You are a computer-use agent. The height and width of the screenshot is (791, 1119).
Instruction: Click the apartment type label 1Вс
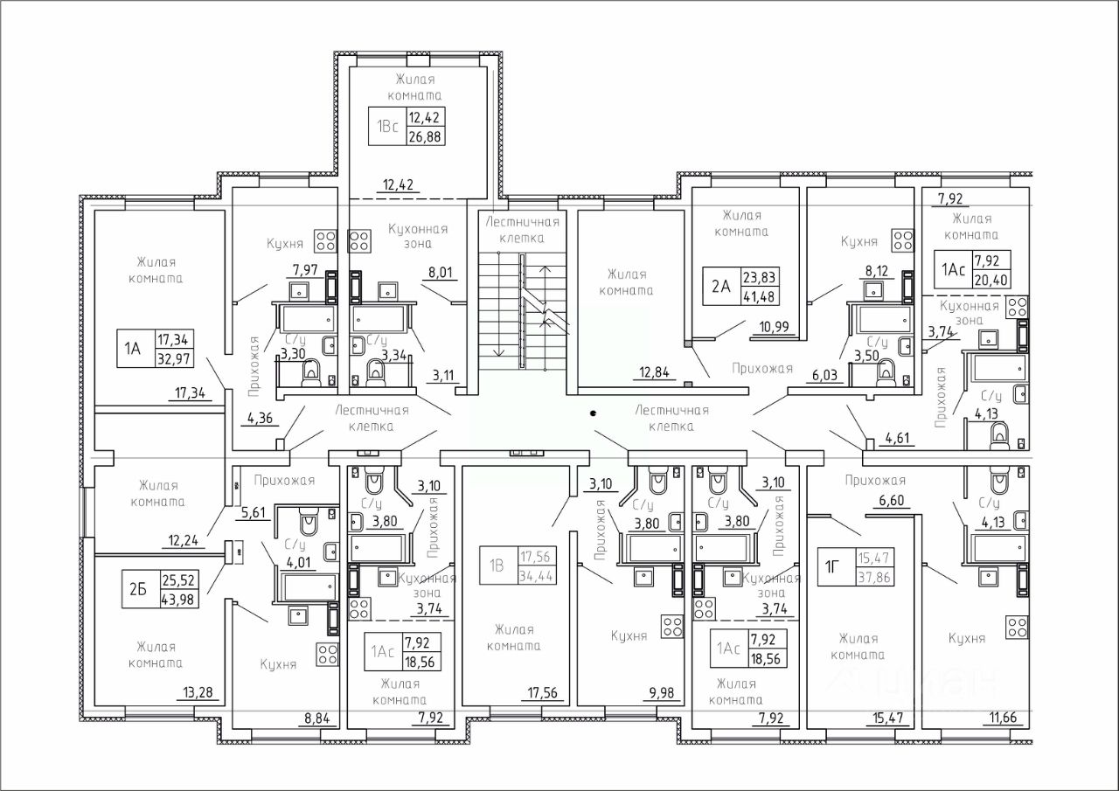pos(387,127)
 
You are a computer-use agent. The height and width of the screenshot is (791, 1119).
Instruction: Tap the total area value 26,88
pos(426,136)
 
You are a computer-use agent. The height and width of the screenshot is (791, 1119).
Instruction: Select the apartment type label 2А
pos(721,287)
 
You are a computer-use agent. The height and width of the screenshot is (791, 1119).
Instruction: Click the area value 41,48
pos(759,296)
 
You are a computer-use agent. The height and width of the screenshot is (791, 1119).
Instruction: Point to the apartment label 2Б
pos(138,589)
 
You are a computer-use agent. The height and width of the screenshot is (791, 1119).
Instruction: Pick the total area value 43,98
pos(178,600)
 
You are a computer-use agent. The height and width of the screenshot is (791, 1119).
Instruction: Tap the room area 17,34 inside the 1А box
pos(173,340)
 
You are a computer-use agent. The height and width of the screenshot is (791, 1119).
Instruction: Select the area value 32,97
pos(174,358)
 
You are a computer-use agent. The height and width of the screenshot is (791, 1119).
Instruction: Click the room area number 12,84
pos(654,372)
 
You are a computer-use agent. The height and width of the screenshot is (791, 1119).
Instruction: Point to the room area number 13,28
pos(198,692)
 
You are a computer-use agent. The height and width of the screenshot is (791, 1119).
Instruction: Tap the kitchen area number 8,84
pos(317,719)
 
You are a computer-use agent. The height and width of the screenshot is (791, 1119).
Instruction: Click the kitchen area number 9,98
pos(662,693)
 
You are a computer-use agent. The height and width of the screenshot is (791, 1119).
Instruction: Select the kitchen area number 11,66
pos(1003,718)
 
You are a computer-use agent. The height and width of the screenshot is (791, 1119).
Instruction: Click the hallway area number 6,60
pos(892,500)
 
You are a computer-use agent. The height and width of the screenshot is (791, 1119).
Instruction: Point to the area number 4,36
pos(261,418)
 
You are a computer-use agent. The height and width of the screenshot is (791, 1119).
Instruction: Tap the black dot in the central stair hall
pos(593,413)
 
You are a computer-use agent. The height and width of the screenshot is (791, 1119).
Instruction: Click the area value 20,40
pos(991,281)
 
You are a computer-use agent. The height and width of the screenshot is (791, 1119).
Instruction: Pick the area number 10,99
pos(775,327)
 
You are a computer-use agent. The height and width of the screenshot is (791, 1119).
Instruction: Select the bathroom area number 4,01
pos(298,562)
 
